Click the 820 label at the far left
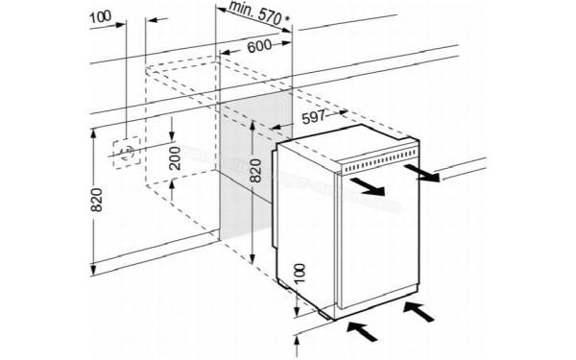[x=95, y=200]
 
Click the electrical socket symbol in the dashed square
[x=124, y=152]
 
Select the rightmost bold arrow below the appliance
[x=418, y=309]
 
